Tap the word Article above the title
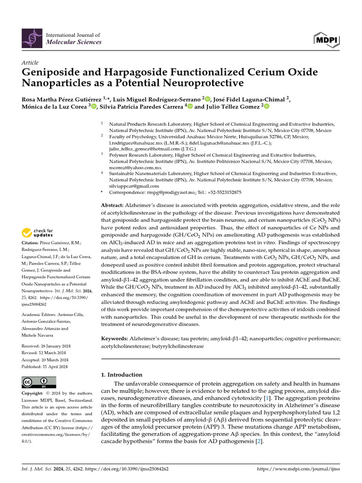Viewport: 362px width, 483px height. point(30,63)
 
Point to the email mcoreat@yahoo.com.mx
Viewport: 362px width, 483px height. point(135,167)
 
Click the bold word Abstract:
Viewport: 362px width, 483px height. point(112,206)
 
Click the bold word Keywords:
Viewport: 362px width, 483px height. point(114,339)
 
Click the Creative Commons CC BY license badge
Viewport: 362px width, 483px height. point(39,382)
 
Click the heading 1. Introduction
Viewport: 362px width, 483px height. point(122,375)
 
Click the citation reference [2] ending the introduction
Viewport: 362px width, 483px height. point(259,441)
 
